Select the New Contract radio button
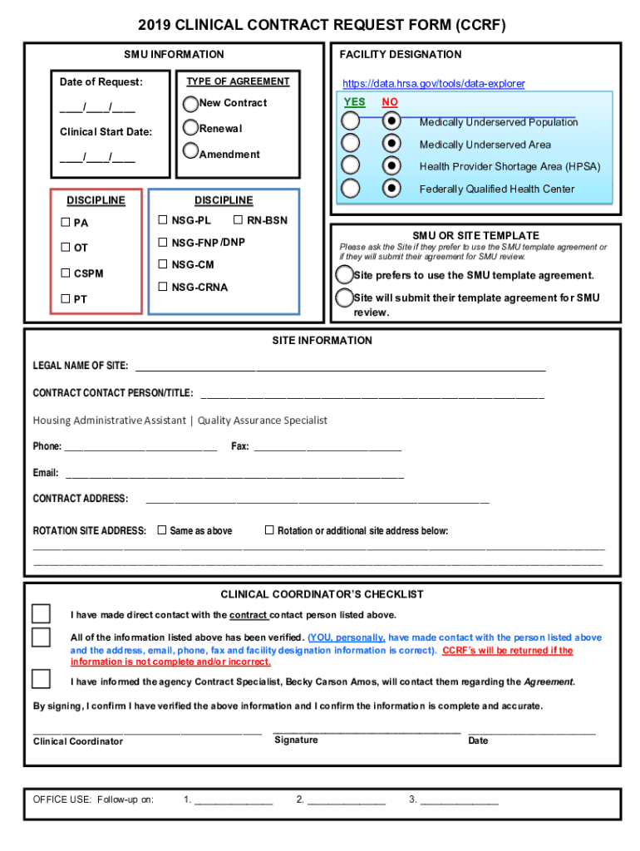[x=190, y=104]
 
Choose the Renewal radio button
[x=190, y=128]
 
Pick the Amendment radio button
[x=190, y=151]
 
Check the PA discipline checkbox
[x=66, y=223]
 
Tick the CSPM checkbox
[x=66, y=273]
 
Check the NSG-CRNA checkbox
[x=163, y=288]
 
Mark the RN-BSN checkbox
[x=239, y=220]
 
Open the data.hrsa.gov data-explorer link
[x=434, y=84]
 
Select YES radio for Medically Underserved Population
[x=352, y=121]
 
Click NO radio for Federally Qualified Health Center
[x=391, y=188]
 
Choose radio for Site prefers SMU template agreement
[x=344, y=274]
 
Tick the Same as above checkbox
[x=162, y=530]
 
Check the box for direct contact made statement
[x=41, y=613]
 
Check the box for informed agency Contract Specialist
[x=41, y=679]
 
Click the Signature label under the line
[x=296, y=740]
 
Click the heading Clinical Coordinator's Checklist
[x=322, y=594]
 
